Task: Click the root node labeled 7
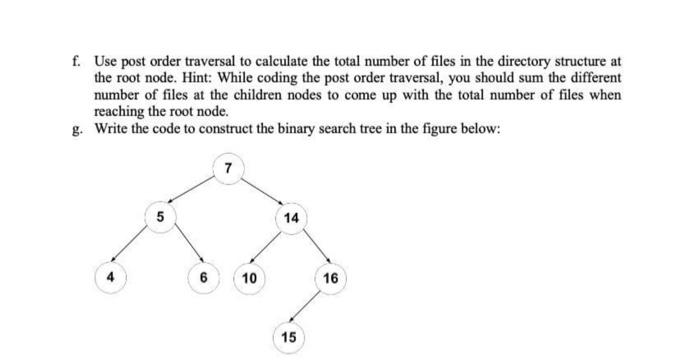(229, 168)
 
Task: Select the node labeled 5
(158, 216)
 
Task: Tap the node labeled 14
(291, 217)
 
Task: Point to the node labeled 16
(331, 277)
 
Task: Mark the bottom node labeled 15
(288, 337)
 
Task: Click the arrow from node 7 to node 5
(194, 192)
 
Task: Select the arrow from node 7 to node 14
(262, 191)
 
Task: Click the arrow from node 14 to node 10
(268, 248)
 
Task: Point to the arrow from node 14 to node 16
(312, 247)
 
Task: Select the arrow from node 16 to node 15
(308, 309)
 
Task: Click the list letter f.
(78, 61)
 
